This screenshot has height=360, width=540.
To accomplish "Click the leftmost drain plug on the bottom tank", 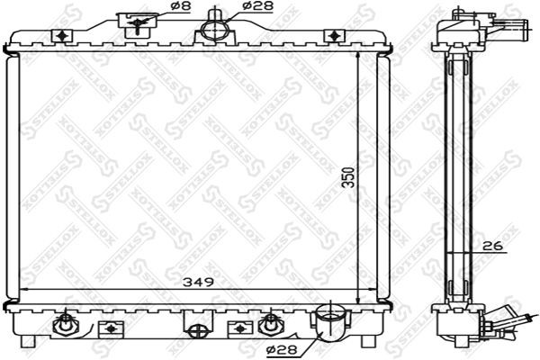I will tap(66, 323).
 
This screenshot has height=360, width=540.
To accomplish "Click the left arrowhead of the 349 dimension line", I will tap(23, 289).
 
